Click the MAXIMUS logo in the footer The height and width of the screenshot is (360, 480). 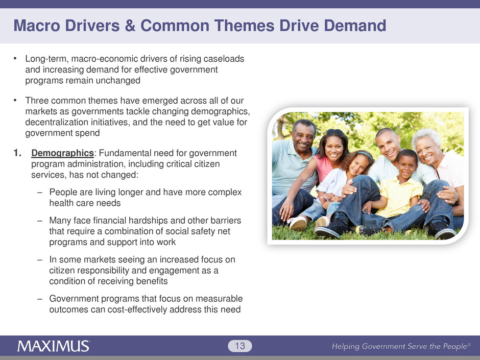point(53,346)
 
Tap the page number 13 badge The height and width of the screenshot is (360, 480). point(240,346)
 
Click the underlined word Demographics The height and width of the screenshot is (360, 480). point(62,153)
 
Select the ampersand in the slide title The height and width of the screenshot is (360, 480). point(130,26)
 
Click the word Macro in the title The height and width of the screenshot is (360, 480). point(37,26)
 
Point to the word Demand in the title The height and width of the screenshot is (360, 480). point(355,26)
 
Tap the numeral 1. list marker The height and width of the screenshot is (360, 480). point(17,153)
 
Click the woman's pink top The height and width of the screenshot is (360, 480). point(324,168)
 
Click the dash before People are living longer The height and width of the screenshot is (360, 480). point(39,193)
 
